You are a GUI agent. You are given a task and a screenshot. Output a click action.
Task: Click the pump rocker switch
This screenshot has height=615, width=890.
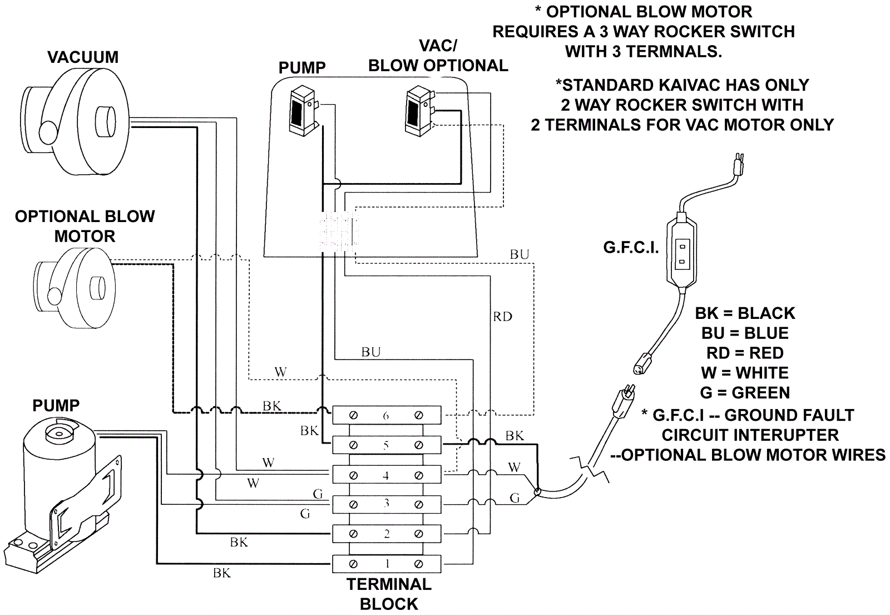[x=303, y=111]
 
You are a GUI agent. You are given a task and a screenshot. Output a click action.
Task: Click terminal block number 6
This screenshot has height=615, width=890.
[x=386, y=415]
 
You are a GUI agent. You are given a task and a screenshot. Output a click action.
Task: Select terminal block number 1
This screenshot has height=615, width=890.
[x=386, y=564]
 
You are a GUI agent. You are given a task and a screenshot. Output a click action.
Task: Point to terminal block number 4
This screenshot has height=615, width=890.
[x=386, y=475]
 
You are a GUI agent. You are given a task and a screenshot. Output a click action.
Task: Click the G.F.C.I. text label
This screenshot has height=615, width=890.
[x=631, y=248]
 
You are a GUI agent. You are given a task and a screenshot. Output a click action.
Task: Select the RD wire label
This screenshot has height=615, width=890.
[x=502, y=317]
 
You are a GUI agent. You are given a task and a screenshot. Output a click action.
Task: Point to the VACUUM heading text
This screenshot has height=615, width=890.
[x=83, y=57]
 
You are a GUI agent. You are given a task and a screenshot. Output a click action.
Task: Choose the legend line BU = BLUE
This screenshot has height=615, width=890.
[x=745, y=333]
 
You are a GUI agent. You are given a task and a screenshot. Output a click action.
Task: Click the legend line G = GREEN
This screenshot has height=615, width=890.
[x=745, y=393]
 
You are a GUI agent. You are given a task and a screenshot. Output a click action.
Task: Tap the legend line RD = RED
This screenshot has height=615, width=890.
[x=745, y=353]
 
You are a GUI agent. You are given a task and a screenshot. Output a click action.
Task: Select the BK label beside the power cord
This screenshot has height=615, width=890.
[x=515, y=436]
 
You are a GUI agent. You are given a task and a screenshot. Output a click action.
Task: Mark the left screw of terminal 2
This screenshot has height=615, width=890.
[x=353, y=534]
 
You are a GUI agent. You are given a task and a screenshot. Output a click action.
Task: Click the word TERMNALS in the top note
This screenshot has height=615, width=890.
[x=674, y=52]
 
